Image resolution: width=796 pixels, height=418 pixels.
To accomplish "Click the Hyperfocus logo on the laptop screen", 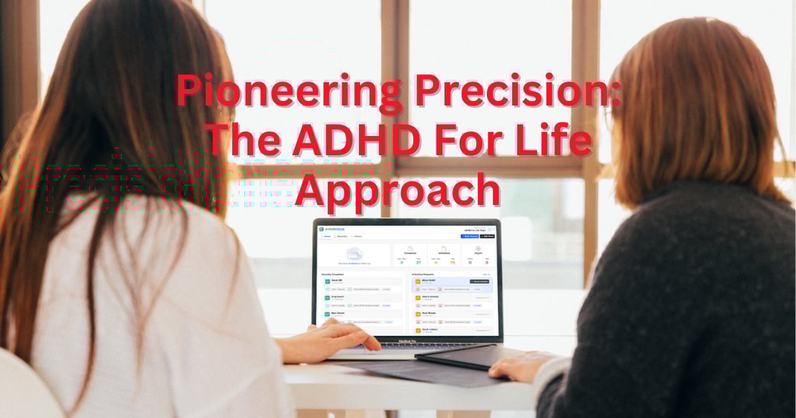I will coord(336,230).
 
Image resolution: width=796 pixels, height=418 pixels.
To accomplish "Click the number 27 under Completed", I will coord(419,263).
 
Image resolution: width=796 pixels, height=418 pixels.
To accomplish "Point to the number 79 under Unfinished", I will coord(453,263).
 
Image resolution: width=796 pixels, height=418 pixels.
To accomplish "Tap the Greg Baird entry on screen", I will coord(337,297).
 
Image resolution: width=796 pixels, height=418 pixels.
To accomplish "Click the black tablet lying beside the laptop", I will coord(458,359).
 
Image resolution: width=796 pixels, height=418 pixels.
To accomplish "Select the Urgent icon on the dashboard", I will coord(478,249).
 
